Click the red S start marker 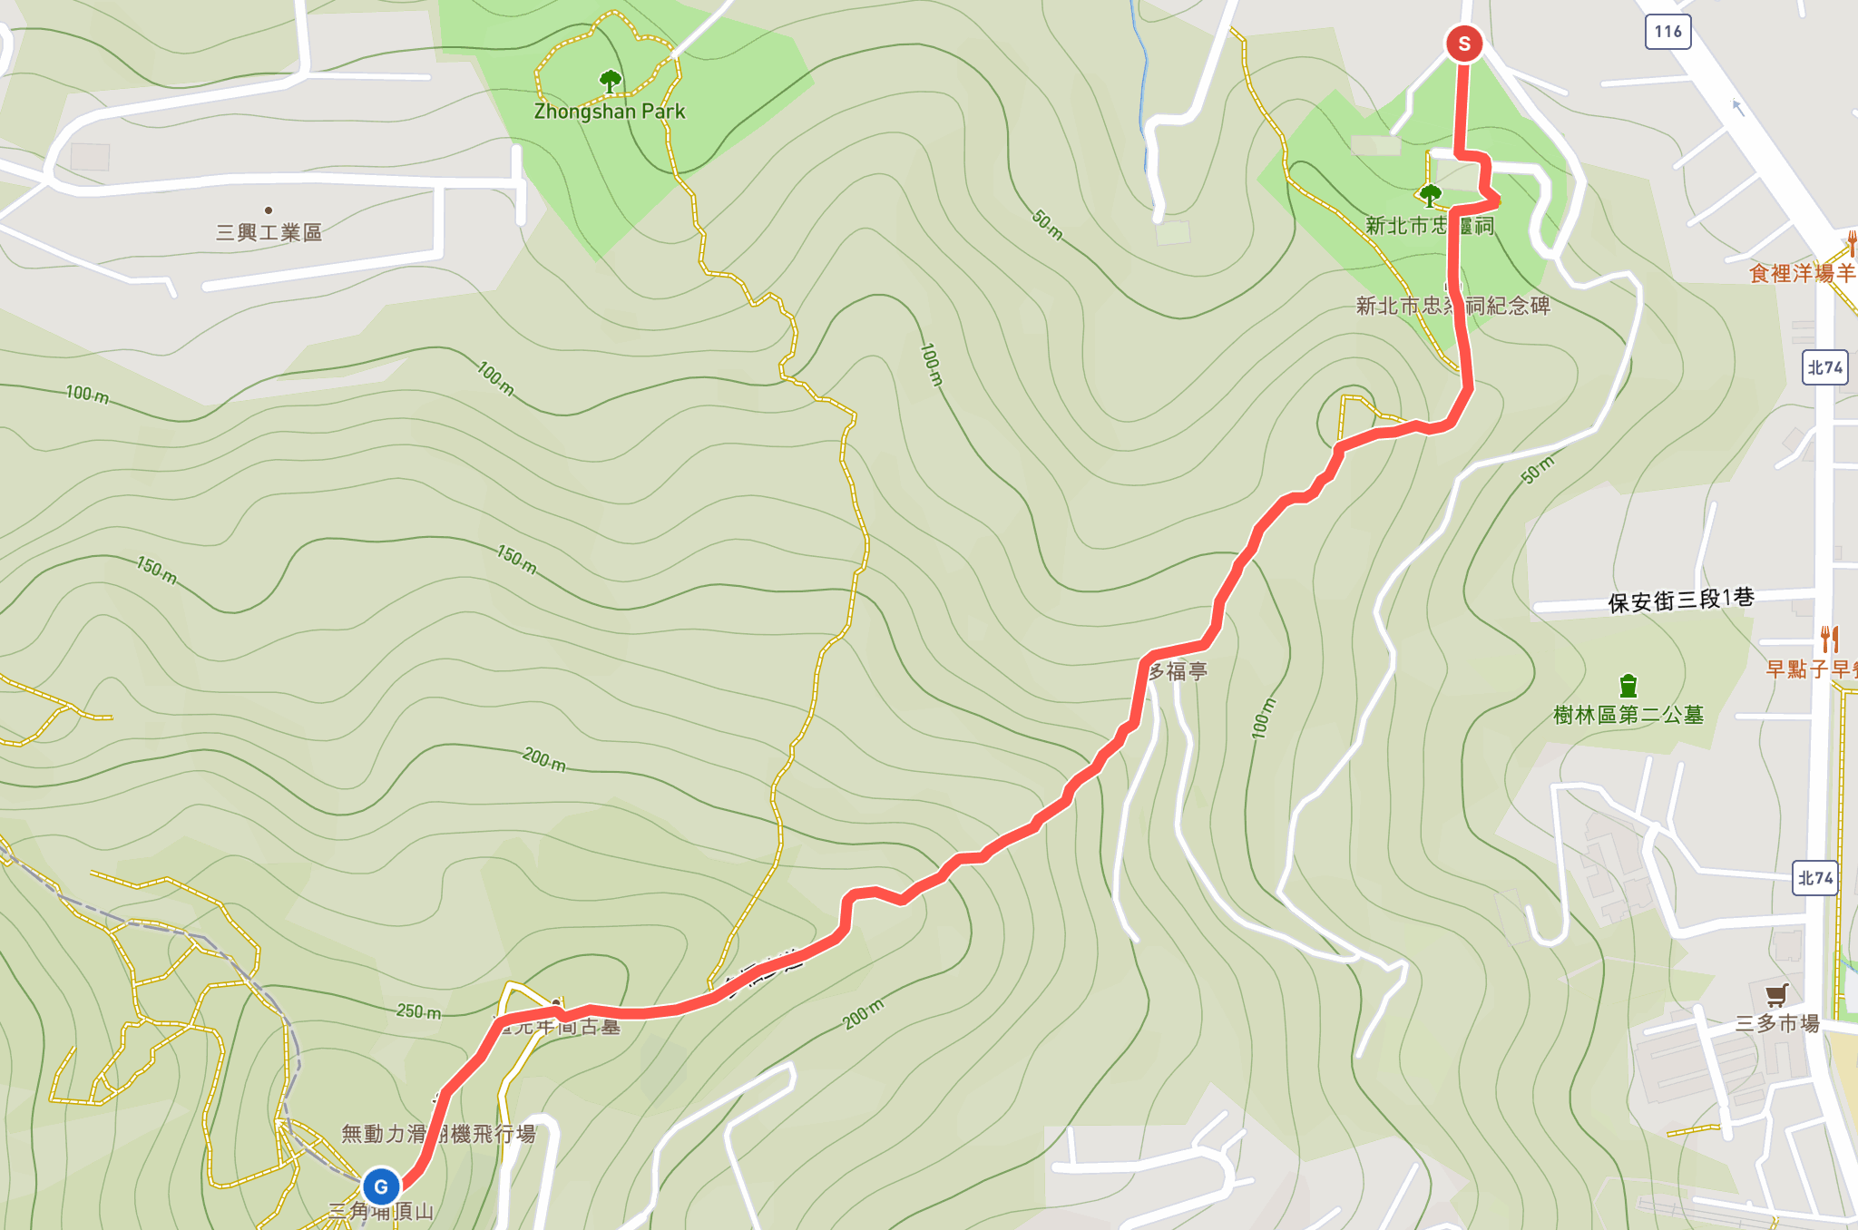coord(1463,44)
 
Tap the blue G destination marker coord(381,1186)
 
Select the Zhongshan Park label coord(610,112)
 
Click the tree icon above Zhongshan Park coord(611,82)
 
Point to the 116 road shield coord(1667,32)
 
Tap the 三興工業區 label coord(269,232)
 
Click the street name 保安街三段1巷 coord(1680,600)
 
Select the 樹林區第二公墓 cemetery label coord(1628,715)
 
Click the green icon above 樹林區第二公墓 coord(1628,685)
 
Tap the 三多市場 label coord(1777,1023)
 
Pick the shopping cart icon coord(1776,994)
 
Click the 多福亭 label coord(1178,671)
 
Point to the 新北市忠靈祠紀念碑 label coord(1452,306)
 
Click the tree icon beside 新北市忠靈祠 coord(1430,194)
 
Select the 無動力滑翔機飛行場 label coord(438,1133)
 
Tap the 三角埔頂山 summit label coord(381,1211)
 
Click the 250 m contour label coord(419,1010)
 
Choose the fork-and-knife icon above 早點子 coord(1829,639)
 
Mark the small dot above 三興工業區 coord(269,210)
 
